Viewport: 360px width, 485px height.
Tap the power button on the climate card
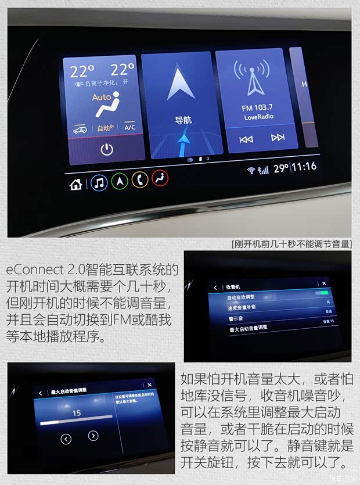pyautogui.click(x=106, y=149)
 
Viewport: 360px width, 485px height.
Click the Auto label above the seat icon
pyautogui.click(x=101, y=98)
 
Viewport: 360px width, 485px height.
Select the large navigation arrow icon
pyautogui.click(x=180, y=82)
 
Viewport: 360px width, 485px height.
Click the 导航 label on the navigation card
pyautogui.click(x=183, y=120)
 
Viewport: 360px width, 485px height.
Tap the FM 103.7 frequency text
pyautogui.click(x=257, y=108)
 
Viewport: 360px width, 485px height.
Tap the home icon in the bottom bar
pyautogui.click(x=75, y=185)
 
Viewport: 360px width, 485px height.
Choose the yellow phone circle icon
pyautogui.click(x=139, y=179)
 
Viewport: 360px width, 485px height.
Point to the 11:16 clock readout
pyautogui.click(x=304, y=167)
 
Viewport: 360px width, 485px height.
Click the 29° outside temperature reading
pyautogui.click(x=281, y=168)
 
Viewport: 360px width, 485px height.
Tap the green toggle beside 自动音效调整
pyautogui.click(x=322, y=293)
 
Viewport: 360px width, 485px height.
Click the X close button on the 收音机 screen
pyautogui.click(x=324, y=283)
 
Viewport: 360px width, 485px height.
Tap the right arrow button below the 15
pyautogui.click(x=93, y=436)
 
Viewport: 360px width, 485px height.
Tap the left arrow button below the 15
pyautogui.click(x=66, y=439)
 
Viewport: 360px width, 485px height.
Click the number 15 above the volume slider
pyautogui.click(x=76, y=413)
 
